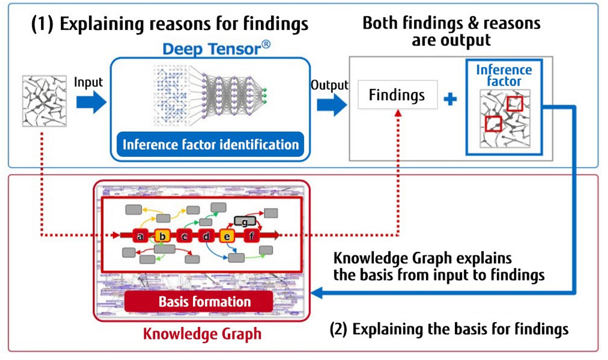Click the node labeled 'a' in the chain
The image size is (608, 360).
tap(139, 236)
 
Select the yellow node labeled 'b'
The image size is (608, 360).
tap(162, 236)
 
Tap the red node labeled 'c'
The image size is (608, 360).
tap(184, 236)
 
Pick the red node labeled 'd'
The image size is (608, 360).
tap(207, 236)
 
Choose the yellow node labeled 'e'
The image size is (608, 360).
tap(227, 236)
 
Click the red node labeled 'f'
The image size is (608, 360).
tap(252, 236)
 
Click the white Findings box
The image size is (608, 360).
tap(397, 95)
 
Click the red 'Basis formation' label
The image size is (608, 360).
tap(204, 302)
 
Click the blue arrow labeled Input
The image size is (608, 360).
tap(91, 103)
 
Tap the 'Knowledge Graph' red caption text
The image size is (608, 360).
tap(202, 334)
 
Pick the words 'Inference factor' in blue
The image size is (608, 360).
tap(504, 75)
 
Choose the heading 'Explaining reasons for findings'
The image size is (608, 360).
tap(170, 24)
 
